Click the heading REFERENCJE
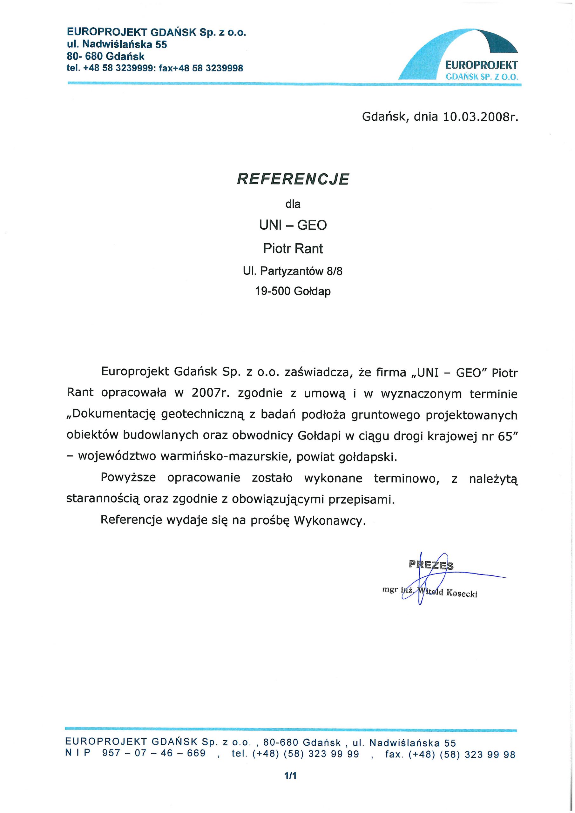(x=293, y=179)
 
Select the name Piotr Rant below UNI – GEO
(x=293, y=249)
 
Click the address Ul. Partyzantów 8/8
(x=293, y=271)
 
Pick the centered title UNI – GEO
(x=293, y=225)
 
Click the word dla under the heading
(x=293, y=204)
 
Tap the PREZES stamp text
(x=431, y=565)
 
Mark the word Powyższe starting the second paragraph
(x=128, y=478)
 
